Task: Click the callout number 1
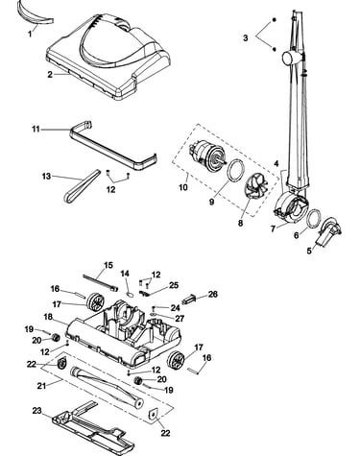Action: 30,34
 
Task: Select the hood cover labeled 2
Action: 108,56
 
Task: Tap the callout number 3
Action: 245,37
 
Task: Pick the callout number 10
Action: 183,187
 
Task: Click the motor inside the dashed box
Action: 207,157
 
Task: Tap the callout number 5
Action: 309,251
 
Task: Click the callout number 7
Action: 273,229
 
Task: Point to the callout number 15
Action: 108,265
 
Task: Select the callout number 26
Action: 213,294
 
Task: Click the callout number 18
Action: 48,317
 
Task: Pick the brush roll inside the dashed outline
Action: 107,387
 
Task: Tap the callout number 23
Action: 37,410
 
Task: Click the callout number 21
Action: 41,386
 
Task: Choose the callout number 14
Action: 125,274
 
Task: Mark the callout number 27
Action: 180,319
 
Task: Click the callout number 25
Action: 174,285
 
